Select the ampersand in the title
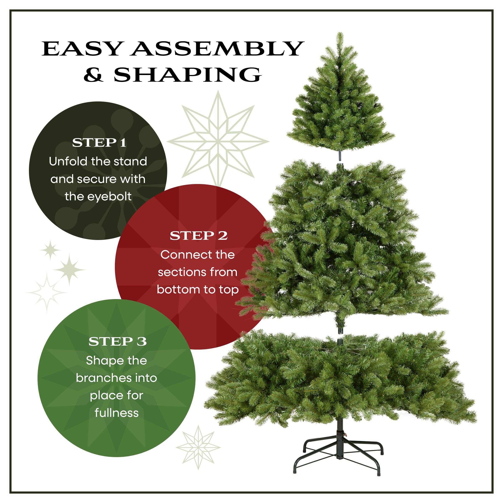[93, 75]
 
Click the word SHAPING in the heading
[187, 75]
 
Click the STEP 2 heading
[198, 236]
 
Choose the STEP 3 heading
[117, 342]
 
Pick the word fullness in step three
[117, 413]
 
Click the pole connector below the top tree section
[340, 156]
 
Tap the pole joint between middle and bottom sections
[340, 334]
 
